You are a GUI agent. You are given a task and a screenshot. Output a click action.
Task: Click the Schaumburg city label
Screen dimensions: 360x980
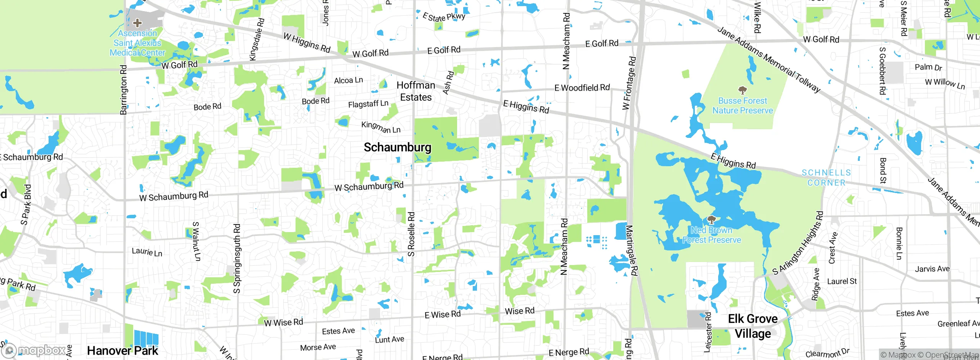coord(397,147)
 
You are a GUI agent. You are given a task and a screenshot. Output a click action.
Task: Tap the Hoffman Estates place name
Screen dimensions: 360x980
coord(416,91)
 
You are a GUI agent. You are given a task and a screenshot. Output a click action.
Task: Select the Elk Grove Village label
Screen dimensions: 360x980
coord(753,326)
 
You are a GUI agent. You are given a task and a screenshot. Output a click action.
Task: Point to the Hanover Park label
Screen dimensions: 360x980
coord(122,350)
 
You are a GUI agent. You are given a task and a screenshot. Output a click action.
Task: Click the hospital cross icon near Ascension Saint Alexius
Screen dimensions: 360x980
coord(137,23)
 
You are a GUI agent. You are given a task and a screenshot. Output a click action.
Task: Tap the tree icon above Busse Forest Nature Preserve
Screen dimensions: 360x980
coord(743,90)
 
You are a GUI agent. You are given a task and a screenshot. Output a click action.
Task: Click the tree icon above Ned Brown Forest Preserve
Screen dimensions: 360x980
coord(711,220)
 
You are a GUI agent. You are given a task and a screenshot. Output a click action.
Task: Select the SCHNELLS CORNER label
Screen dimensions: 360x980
coord(826,178)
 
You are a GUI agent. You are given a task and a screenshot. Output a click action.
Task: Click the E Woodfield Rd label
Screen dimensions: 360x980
coord(582,88)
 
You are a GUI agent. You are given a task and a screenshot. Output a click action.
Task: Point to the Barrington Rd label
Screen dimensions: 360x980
coord(123,90)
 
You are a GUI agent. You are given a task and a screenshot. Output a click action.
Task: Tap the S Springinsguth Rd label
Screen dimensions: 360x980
coord(237,259)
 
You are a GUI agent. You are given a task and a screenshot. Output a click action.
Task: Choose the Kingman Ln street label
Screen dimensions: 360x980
coord(381,127)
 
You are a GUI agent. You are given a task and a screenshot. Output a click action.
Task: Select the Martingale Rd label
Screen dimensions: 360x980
coord(632,250)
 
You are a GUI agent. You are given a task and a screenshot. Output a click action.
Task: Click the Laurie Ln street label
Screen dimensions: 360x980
coord(147,252)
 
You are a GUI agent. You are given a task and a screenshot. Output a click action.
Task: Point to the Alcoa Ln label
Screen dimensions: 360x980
coord(348,80)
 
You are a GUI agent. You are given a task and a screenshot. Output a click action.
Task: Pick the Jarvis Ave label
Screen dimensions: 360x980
coord(932,269)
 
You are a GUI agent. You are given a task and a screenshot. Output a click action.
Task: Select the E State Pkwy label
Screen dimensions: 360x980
coord(444,17)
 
